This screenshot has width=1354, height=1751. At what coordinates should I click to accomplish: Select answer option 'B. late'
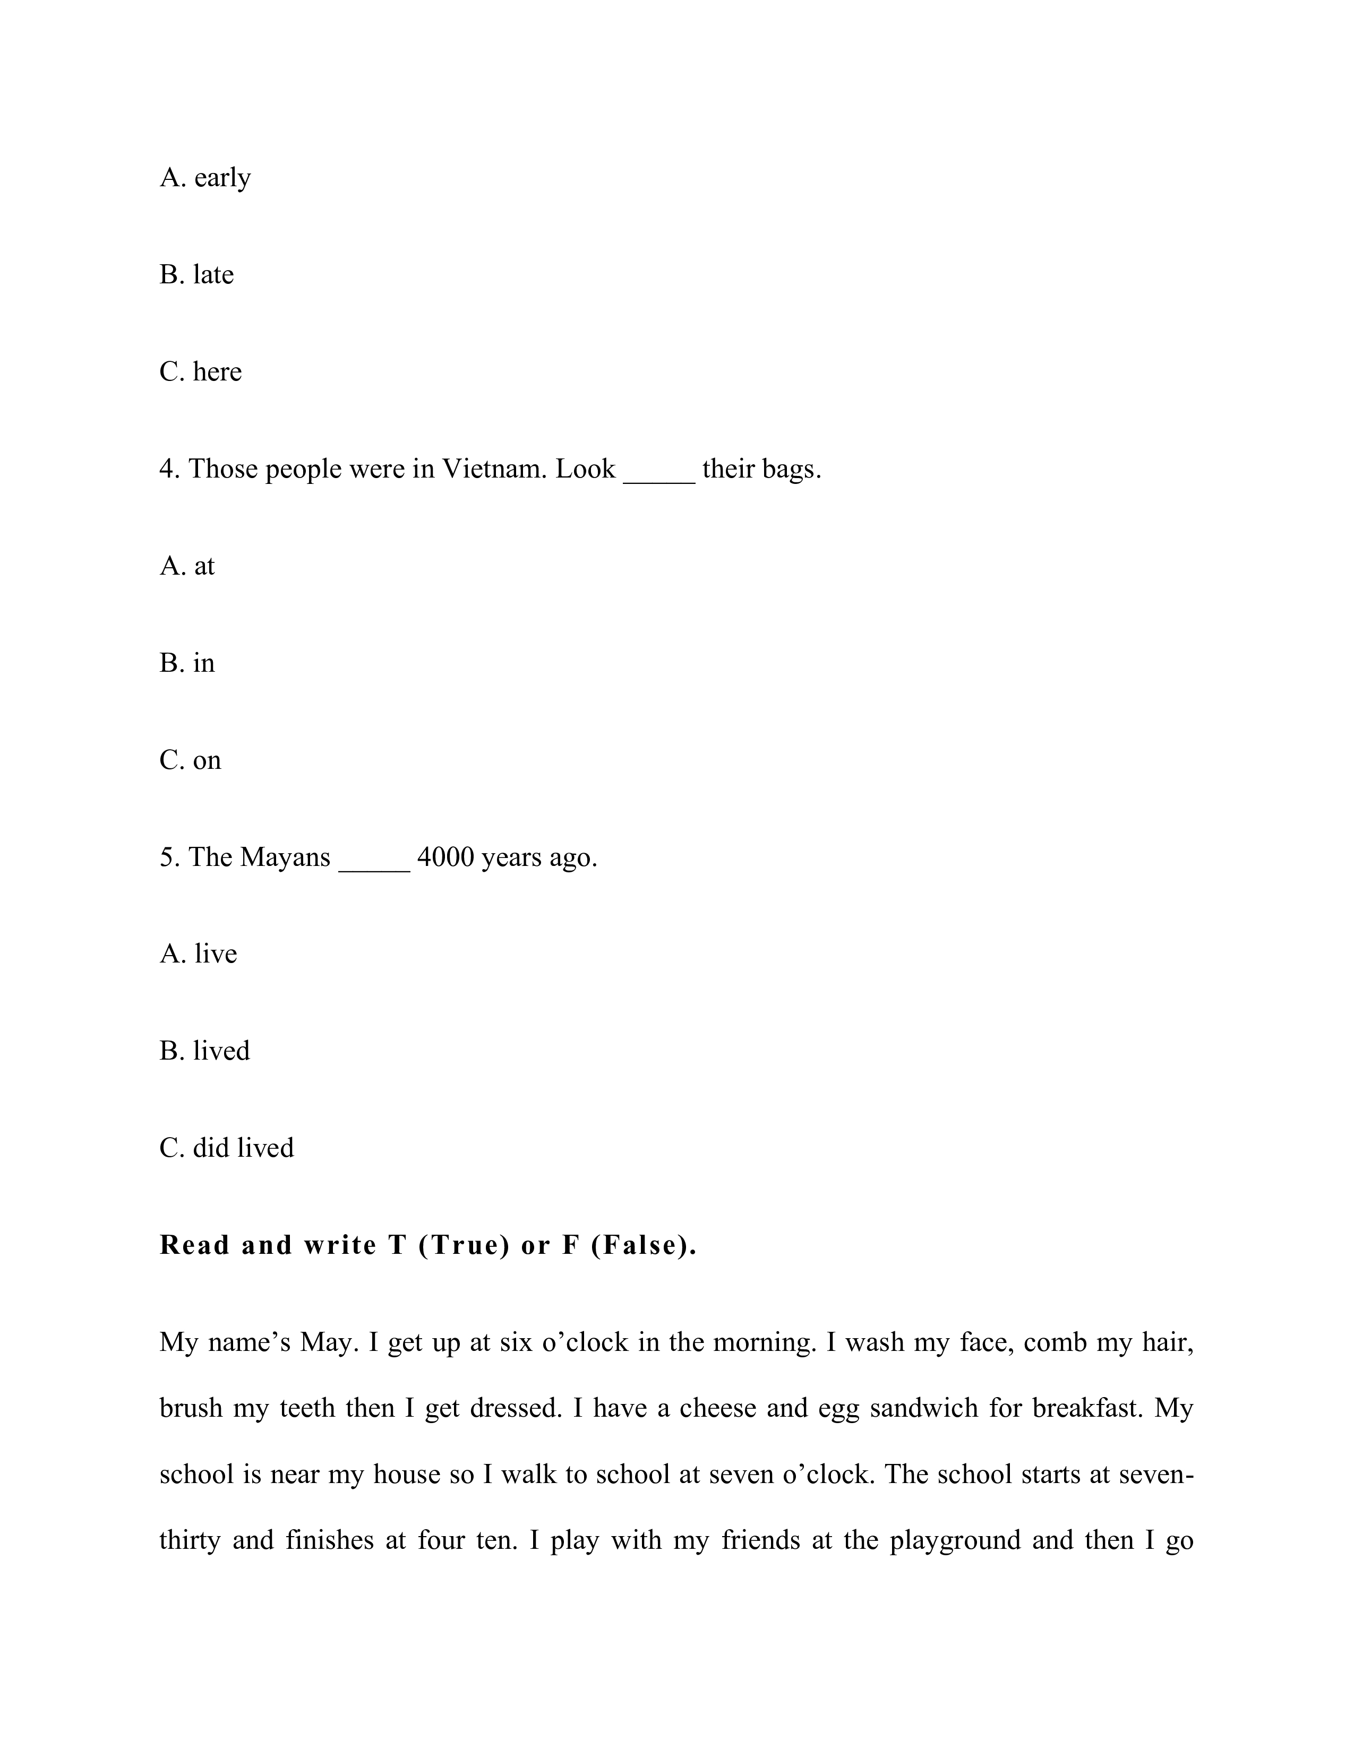(196, 275)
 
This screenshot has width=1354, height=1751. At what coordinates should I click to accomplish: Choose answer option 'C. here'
(201, 372)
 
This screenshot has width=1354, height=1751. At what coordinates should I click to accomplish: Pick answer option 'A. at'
(187, 566)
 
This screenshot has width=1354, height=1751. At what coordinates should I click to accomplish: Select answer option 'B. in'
(187, 663)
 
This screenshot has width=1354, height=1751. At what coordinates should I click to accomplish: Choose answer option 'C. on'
(190, 760)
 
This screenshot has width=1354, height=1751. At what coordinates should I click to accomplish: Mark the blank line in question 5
(374, 866)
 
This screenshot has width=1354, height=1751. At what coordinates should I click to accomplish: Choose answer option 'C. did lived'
(227, 1148)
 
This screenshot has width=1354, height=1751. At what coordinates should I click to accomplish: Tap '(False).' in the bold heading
(644, 1245)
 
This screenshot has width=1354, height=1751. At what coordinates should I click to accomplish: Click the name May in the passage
(328, 1342)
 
